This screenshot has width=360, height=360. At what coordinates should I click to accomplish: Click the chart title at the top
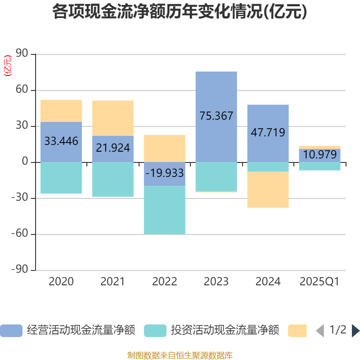180,12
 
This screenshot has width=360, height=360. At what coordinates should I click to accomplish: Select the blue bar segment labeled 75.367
216,94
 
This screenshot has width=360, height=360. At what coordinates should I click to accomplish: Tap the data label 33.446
61,141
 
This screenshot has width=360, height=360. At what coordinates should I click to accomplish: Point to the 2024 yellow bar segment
268,189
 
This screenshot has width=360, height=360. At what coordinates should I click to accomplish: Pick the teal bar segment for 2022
164,210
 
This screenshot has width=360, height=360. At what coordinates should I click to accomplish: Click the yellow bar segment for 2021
112,118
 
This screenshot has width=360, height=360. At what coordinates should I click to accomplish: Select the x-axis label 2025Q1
319,282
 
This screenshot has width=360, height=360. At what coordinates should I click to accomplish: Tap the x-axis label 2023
216,282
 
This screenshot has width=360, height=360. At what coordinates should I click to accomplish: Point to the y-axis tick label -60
20,234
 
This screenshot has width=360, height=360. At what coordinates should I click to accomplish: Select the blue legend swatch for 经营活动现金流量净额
11,331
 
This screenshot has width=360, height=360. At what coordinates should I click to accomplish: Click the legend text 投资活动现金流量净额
225,331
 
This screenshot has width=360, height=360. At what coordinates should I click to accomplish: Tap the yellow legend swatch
297,331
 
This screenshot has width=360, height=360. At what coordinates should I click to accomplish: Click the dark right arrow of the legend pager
355,331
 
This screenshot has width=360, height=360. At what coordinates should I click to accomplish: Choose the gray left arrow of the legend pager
320,331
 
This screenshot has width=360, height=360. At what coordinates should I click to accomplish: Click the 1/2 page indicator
337,330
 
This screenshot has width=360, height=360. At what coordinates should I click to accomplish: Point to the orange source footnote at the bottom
180,355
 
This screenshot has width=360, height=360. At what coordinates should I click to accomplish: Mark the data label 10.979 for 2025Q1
320,155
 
